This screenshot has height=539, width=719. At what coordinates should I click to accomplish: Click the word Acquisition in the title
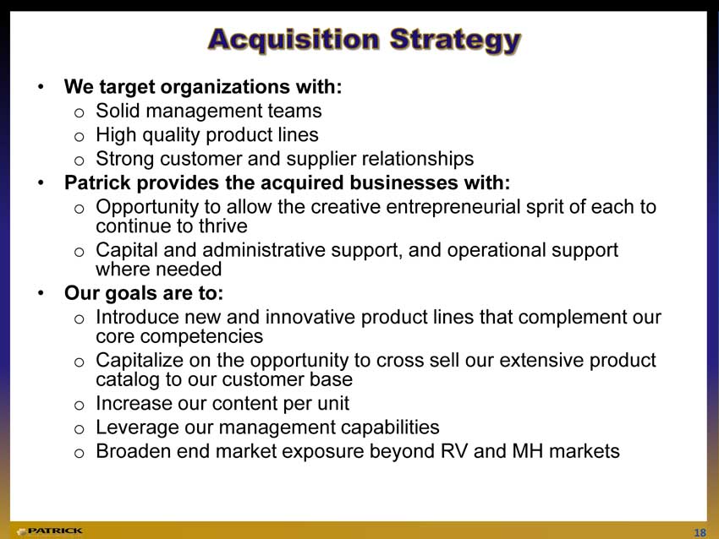[294, 41]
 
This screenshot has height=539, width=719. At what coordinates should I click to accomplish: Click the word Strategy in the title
[455, 41]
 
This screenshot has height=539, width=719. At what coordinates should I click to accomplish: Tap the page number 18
[700, 532]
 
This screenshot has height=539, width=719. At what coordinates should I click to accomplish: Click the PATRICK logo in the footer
[50, 531]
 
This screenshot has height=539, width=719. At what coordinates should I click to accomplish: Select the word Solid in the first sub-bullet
[118, 111]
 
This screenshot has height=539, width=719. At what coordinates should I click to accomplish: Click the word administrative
[264, 250]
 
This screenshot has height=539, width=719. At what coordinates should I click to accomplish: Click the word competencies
[201, 337]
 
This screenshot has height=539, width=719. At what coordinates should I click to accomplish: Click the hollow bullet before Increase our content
[80, 406]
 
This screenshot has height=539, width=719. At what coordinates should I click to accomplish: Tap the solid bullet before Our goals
[41, 292]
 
